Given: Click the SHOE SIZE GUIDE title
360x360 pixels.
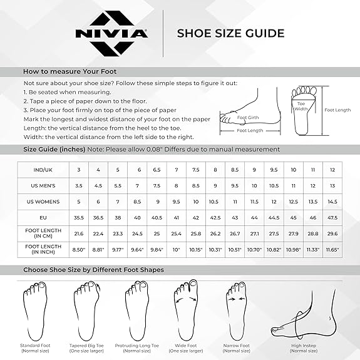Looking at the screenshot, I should click(231, 33).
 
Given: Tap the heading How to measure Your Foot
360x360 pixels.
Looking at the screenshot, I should click(70, 71).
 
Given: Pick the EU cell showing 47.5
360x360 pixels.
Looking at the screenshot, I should click(332, 217).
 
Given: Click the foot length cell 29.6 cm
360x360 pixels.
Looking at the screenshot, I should click(332, 234).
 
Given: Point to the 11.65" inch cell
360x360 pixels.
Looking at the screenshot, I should click(332, 250).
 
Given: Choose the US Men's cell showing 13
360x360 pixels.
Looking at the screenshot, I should click(332, 185).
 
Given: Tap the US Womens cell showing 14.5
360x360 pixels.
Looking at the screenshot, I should click(332, 202).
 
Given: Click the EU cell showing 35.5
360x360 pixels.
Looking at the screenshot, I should click(79, 217).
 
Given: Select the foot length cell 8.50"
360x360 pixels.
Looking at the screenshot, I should click(79, 250).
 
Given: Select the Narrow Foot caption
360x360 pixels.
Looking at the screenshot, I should click(237, 346).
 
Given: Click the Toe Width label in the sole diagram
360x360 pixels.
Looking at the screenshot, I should click(302, 106).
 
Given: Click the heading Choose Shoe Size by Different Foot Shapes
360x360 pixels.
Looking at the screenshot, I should click(94, 269).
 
